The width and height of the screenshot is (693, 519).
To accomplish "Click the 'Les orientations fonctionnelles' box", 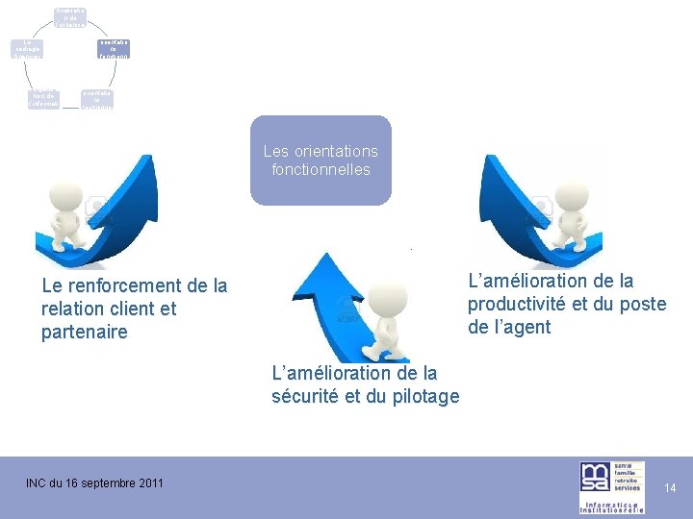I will click(x=321, y=161).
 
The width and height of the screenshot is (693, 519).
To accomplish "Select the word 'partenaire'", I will click(x=85, y=333).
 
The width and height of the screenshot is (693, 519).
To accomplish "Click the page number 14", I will click(x=670, y=488).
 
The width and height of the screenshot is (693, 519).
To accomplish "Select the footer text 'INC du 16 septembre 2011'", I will click(x=94, y=482).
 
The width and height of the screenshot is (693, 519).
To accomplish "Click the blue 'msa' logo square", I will click(x=594, y=478).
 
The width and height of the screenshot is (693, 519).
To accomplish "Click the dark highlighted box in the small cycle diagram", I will click(x=114, y=49).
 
